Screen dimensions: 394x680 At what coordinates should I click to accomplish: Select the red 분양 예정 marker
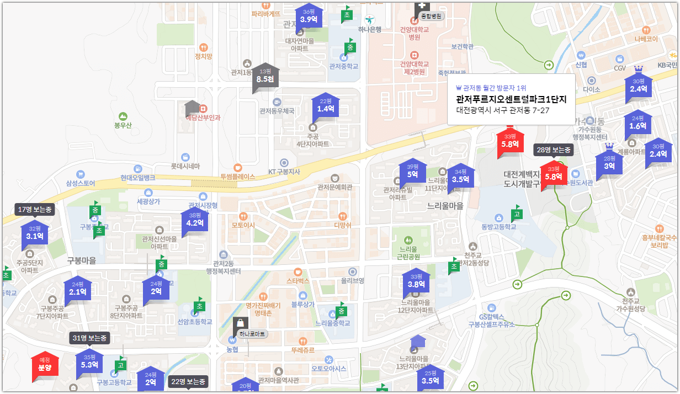pyautogui.click(x=45, y=365)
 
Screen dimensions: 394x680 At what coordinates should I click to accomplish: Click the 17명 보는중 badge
pyautogui.click(x=34, y=210)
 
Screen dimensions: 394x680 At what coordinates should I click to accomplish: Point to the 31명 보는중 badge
pyautogui.click(x=89, y=338)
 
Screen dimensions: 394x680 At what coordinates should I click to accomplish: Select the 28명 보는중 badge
pyautogui.click(x=554, y=150)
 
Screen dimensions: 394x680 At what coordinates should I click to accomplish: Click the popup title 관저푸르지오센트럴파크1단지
pyautogui.click(x=511, y=99)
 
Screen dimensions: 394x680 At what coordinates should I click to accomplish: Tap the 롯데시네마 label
pyautogui.click(x=185, y=166)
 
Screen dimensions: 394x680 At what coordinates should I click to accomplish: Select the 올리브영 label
pyautogui.click(x=353, y=280)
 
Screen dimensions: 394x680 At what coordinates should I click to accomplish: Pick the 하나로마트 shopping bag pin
pyautogui.click(x=241, y=326)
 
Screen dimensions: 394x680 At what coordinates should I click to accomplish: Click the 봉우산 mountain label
pyautogui.click(x=123, y=125)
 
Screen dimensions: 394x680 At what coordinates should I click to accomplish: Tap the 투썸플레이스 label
pyautogui.click(x=238, y=177)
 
